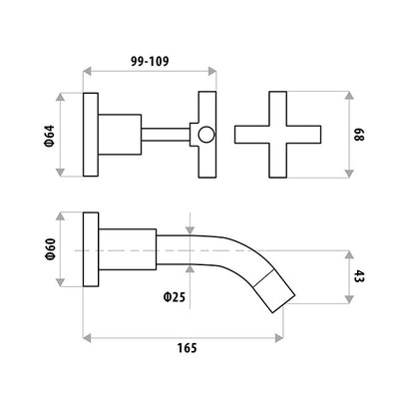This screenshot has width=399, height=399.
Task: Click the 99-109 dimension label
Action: pyautogui.click(x=150, y=61)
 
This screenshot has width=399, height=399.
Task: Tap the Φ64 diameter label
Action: pyautogui.click(x=49, y=136)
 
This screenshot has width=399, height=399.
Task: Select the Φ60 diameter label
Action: pyautogui.click(x=50, y=249)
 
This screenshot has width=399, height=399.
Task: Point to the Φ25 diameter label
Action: pyautogui.click(x=175, y=297)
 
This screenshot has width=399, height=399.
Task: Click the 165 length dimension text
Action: pyautogui.click(x=187, y=348)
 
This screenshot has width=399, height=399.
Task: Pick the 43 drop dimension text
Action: pyautogui.click(x=359, y=276)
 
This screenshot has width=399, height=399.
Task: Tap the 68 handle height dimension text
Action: pyautogui.click(x=359, y=135)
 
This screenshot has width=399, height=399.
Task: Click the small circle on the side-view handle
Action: pyautogui.click(x=206, y=135)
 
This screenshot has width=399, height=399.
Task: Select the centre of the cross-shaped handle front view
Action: pyautogui.click(x=277, y=135)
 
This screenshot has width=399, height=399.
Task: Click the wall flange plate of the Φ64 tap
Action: pyautogui.click(x=91, y=135)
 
